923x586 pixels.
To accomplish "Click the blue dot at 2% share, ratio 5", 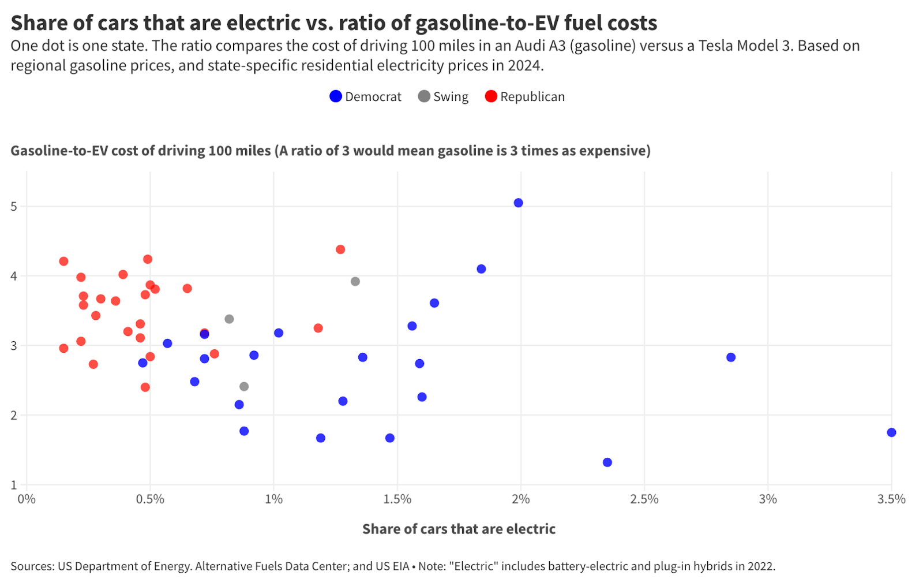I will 518,203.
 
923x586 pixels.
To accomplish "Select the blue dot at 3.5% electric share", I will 891,432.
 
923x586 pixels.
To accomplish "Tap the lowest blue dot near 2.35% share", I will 607,462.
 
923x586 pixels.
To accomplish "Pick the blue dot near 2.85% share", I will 731,357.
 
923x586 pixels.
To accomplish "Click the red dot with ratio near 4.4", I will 340,249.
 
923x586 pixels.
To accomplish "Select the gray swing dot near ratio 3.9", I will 355,282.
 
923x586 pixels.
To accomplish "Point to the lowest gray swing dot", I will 244,386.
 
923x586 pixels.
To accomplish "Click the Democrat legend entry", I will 365,96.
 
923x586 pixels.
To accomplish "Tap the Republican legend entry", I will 525,96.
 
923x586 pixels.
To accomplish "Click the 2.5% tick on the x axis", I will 644,499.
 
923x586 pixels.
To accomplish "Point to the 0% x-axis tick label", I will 27,499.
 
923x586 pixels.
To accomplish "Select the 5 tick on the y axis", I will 14,207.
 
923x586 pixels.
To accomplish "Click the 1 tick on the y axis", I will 14,485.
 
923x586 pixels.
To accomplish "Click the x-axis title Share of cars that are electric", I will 459,529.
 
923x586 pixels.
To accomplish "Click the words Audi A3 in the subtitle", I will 540,46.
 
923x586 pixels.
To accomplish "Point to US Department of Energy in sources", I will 124,566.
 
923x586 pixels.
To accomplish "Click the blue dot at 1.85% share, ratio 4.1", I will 481,269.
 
